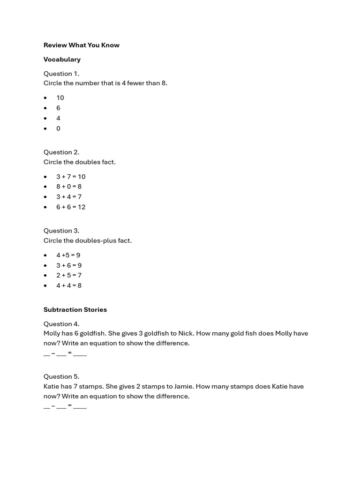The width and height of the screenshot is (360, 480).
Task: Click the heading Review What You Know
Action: (82, 45)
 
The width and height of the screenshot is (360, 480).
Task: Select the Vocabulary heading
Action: (62, 60)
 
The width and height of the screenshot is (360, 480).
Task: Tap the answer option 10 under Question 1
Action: (60, 98)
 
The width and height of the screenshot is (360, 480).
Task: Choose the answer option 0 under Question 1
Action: (58, 128)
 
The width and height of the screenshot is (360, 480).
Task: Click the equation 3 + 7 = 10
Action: (71, 177)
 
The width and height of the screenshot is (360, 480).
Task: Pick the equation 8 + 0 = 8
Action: (69, 187)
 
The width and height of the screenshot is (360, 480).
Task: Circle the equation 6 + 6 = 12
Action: (71, 207)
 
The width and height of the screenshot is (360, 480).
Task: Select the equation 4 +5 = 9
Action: (68, 255)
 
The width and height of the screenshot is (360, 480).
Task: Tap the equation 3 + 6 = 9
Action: (69, 265)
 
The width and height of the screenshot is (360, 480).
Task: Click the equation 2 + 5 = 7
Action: (69, 276)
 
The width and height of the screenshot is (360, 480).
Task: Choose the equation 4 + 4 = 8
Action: (69, 285)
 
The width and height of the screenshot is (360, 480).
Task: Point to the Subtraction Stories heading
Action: (75, 310)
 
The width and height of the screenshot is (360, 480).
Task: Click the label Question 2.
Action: (61, 152)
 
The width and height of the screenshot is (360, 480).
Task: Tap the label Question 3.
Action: (61, 231)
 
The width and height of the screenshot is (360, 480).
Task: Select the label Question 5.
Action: (61, 377)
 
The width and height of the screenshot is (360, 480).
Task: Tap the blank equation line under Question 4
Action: (65, 353)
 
